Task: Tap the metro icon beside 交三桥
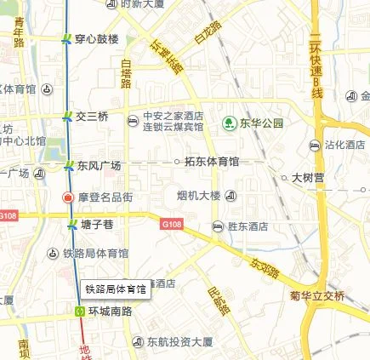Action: coord(67,117)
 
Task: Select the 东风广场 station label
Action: coord(99,165)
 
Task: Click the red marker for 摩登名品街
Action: coord(68,197)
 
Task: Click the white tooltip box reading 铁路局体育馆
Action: coord(116,289)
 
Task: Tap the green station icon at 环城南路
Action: coord(79,311)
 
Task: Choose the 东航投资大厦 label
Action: coord(178,342)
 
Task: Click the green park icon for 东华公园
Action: coord(229,123)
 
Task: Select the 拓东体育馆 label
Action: coord(212,161)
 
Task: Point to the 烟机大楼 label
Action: coord(198,197)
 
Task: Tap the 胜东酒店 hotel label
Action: coord(248,226)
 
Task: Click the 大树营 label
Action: coord(310,179)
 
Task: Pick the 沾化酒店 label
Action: coord(344,146)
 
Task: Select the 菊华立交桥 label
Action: coord(317,296)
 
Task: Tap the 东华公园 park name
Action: coord(260,123)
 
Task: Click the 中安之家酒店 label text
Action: coord(173,116)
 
